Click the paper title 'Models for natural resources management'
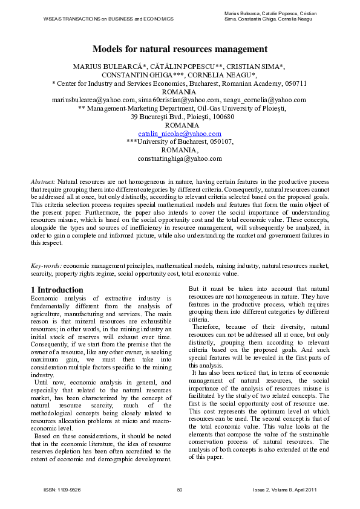pos(180,49)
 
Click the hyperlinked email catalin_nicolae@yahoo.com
pos(180,133)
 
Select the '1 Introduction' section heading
pos(57,290)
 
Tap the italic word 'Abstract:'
pos(43,181)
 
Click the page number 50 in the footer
pos(180,489)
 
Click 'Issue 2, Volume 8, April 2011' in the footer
pos(284,489)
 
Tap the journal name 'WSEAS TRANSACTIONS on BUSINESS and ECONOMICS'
pos(108,19)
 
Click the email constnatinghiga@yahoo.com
pos(180,158)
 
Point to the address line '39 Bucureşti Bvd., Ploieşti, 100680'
pos(180,117)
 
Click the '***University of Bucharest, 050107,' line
pos(180,141)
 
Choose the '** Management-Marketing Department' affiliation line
pos(180,108)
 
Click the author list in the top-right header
pos(270,16)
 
